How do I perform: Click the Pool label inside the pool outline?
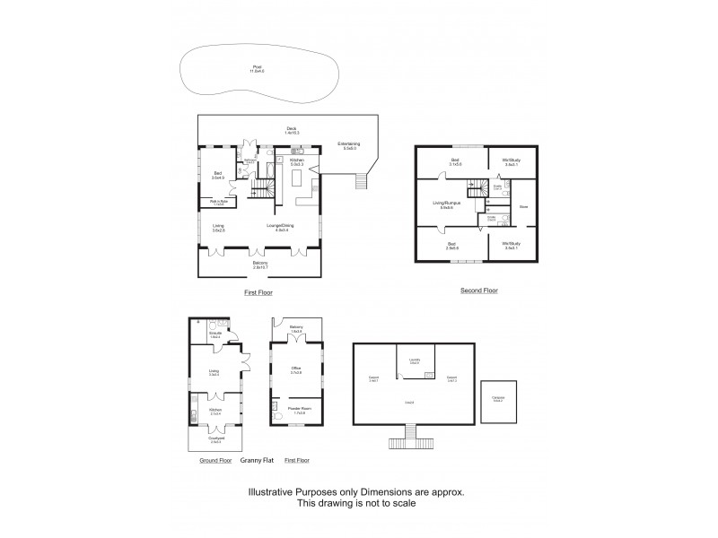tap(258, 67)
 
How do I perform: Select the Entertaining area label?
tap(348, 145)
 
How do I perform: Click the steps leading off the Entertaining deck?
tap(362, 182)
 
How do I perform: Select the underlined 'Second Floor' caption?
tap(479, 291)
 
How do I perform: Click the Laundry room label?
tap(415, 361)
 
